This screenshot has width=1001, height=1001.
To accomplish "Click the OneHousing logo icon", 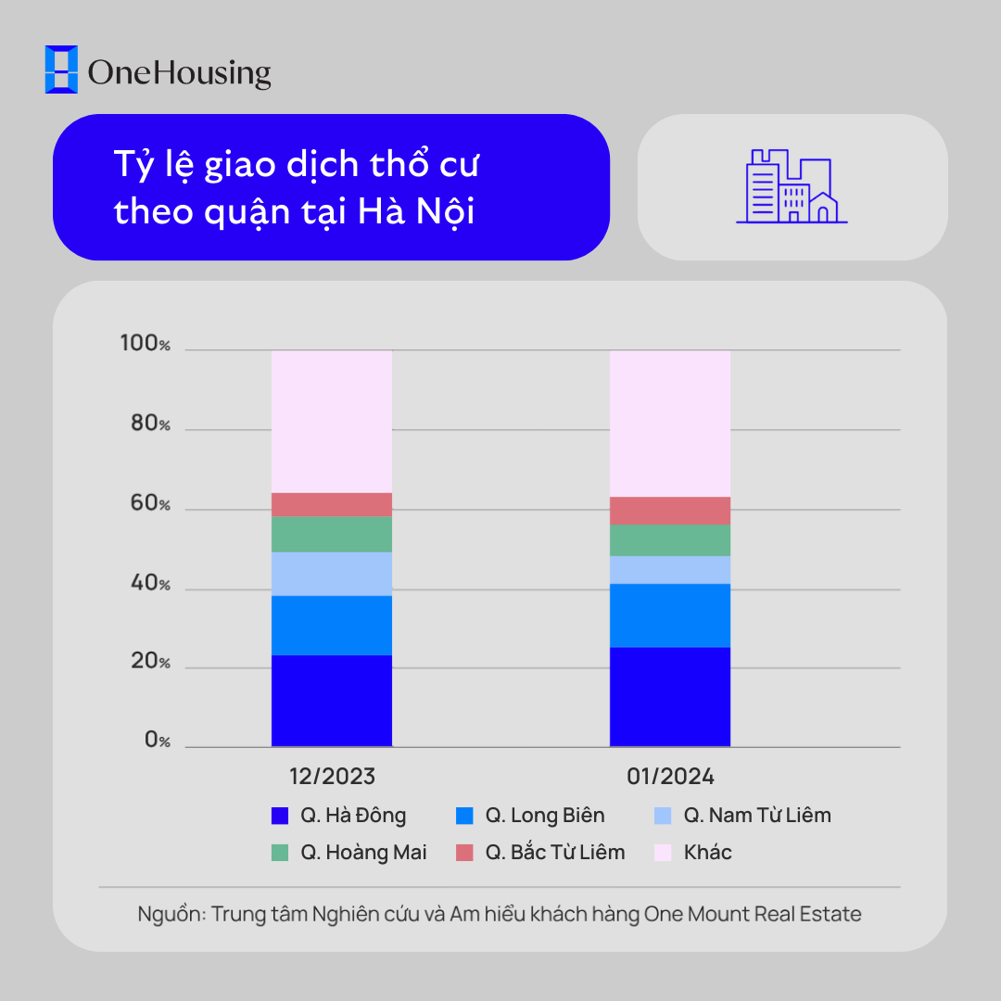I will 62,70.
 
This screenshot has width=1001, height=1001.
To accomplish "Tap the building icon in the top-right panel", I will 792,186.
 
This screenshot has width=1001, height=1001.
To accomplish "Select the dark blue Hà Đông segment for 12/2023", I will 332,701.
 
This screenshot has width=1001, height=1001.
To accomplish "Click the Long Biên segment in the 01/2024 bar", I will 670,615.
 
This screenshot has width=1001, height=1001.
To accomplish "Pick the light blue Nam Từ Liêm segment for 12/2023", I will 332,574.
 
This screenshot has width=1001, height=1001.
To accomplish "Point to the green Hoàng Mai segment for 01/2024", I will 670,540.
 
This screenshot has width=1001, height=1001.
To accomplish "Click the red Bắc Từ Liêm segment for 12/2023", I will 332,504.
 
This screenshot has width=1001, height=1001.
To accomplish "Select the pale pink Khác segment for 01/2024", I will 670,424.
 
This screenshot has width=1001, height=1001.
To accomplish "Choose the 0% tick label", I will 157,741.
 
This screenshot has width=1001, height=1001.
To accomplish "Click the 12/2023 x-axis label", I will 332,777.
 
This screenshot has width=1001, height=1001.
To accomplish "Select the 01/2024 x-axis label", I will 670,777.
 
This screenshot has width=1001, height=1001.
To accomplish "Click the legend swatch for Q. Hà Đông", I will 280,816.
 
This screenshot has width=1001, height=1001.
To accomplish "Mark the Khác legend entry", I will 707,853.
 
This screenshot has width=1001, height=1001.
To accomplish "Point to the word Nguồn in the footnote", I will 169,914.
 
